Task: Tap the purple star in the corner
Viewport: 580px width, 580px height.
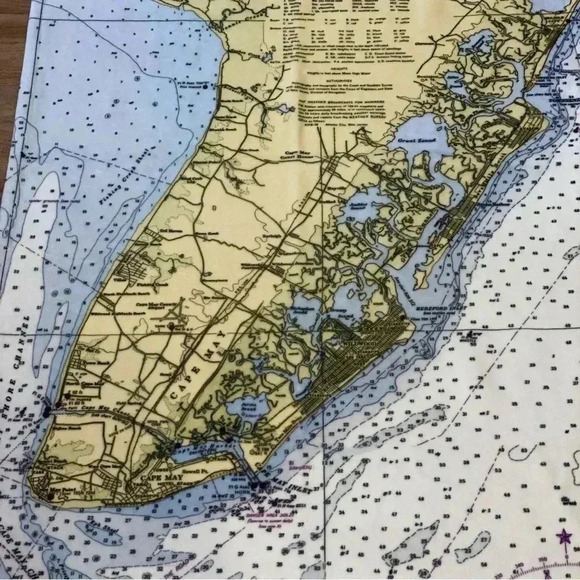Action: tap(565, 540)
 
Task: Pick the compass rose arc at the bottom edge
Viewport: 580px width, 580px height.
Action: tap(540, 573)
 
